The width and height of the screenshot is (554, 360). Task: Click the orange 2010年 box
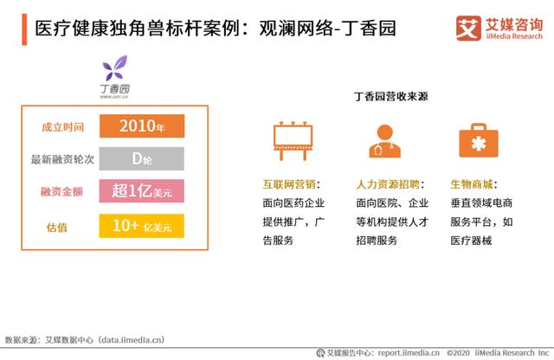(x=142, y=125)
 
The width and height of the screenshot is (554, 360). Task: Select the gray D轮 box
(x=142, y=158)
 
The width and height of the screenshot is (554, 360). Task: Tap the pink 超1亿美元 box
(x=142, y=190)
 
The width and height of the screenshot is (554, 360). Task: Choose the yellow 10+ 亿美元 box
(x=142, y=226)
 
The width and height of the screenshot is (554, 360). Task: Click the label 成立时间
(x=63, y=127)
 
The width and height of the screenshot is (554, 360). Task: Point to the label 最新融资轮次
(x=62, y=159)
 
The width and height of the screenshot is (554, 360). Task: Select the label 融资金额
(x=61, y=191)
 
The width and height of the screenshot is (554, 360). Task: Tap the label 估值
(x=57, y=228)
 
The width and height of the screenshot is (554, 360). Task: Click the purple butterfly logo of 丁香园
(x=114, y=67)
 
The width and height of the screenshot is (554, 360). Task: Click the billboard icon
(x=293, y=141)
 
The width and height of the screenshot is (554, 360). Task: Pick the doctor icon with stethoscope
(x=384, y=141)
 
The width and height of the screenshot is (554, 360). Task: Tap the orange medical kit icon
(x=479, y=140)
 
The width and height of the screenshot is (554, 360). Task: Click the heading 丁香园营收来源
(x=390, y=96)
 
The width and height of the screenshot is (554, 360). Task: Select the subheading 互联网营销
(x=289, y=184)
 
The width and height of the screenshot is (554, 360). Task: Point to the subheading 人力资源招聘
(x=388, y=184)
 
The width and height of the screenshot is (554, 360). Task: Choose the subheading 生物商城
(x=472, y=184)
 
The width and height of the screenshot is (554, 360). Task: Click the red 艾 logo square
(x=468, y=29)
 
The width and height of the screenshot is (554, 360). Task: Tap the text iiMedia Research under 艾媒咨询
(x=514, y=36)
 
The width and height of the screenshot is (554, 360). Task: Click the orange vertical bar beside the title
(x=24, y=29)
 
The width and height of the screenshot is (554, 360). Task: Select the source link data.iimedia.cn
(x=132, y=340)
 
